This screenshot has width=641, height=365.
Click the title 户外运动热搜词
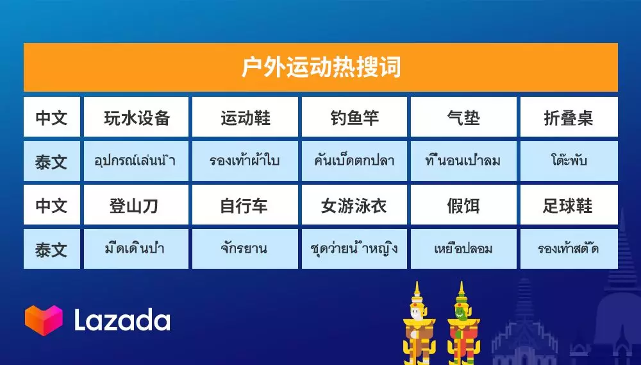[x=320, y=67]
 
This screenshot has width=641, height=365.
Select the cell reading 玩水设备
[x=136, y=117]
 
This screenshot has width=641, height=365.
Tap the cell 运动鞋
[x=245, y=117]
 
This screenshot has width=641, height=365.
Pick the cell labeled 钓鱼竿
[x=354, y=117]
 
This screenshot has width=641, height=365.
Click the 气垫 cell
[x=463, y=117]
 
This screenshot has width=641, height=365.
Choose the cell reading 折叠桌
[x=569, y=117]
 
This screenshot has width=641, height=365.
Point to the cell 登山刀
[x=136, y=206]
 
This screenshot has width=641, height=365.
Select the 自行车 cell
[x=245, y=206]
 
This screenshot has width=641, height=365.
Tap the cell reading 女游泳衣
[x=354, y=206]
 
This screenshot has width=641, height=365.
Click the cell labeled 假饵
[x=463, y=206]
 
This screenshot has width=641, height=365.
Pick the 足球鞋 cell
[x=569, y=206]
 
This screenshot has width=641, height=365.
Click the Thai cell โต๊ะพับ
[x=569, y=161]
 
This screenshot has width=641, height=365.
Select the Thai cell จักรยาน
[x=245, y=249]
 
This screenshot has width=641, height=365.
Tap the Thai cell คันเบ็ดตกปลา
[x=354, y=161]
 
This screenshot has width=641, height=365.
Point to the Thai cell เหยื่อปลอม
[x=463, y=249]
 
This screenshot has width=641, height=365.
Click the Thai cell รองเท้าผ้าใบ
[x=245, y=161]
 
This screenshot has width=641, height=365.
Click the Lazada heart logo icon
[x=44, y=320]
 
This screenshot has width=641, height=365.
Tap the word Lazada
[x=122, y=320]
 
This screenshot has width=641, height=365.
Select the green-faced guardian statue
[x=460, y=324]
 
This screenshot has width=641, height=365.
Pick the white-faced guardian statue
[x=417, y=324]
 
